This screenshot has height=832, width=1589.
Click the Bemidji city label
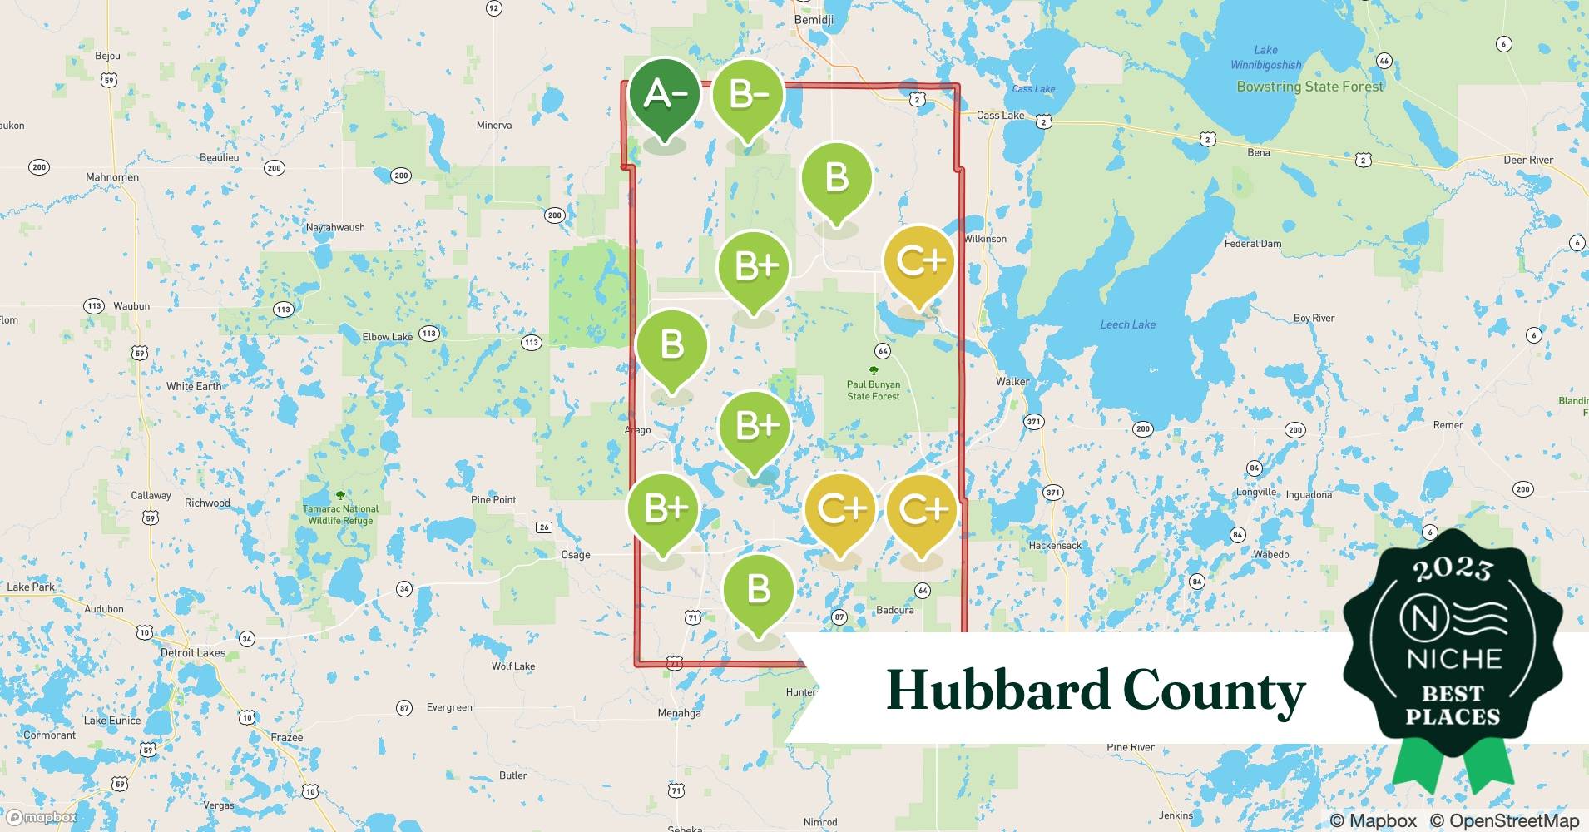814,19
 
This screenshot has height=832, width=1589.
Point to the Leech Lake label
1127,324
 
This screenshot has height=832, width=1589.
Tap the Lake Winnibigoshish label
1265,57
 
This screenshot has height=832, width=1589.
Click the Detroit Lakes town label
193,652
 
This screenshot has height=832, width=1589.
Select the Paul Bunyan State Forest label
873,390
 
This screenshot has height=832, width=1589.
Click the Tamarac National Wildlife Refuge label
340,514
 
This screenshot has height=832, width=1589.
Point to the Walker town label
1012,381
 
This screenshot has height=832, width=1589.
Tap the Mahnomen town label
112,177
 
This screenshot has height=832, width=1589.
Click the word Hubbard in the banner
997,691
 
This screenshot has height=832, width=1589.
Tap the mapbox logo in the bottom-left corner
42,817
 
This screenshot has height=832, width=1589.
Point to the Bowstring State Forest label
1309,87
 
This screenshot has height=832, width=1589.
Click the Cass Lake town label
1000,116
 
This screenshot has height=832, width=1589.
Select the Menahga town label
679,713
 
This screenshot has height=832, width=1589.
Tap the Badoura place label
894,610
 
